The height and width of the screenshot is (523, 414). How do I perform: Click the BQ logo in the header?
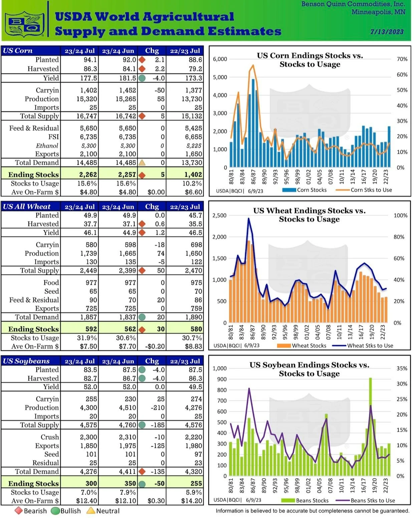(25, 24)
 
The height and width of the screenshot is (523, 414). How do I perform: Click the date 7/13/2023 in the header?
(387, 32)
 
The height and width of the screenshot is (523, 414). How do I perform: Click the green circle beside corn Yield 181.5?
(142, 78)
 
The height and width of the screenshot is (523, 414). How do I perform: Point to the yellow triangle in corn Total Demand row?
(142, 163)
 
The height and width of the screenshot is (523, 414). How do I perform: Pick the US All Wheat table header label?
(27, 207)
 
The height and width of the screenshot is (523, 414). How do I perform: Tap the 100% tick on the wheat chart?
(400, 216)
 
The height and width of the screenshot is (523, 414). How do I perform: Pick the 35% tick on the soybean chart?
(402, 368)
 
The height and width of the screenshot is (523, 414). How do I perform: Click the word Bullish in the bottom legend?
(70, 511)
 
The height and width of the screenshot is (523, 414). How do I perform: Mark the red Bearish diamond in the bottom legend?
(18, 511)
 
